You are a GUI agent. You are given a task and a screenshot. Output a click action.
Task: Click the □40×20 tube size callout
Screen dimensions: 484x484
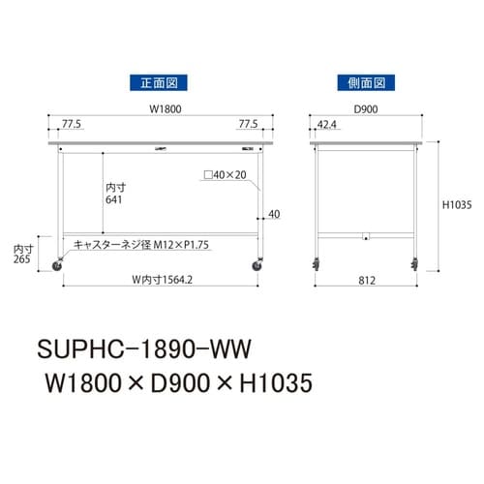pyautogui.click(x=225, y=176)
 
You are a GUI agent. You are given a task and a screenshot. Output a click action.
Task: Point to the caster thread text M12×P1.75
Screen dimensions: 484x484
pyautogui.click(x=145, y=244)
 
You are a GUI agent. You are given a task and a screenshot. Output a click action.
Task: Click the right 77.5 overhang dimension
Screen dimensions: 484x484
pyautogui.click(x=248, y=124)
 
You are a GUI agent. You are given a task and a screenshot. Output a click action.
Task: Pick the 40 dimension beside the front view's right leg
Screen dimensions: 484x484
pyautogui.click(x=275, y=215)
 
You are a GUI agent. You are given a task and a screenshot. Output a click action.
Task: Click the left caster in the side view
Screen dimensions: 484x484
pyautogui.click(x=318, y=264)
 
